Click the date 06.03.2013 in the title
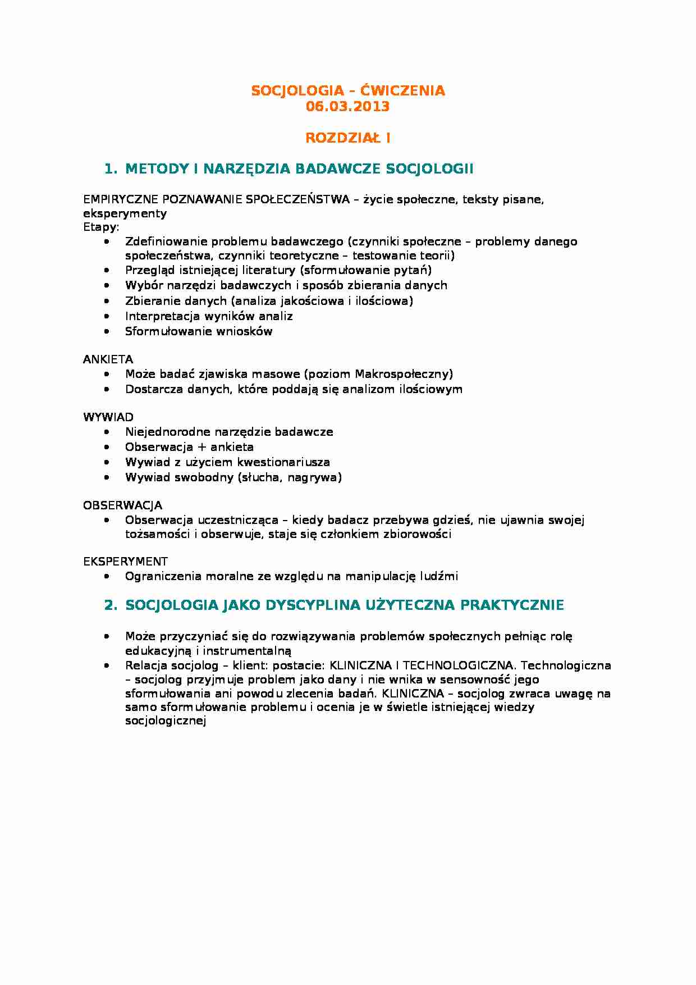pos(347,106)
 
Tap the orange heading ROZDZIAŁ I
pos(347,138)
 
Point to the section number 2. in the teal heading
pos(111,605)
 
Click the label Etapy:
pos(101,227)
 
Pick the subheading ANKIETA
pos(108,359)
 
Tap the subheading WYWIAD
pos(108,417)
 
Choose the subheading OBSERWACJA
pos(123,505)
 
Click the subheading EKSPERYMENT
pos(125,562)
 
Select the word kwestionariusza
pos(283,462)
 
